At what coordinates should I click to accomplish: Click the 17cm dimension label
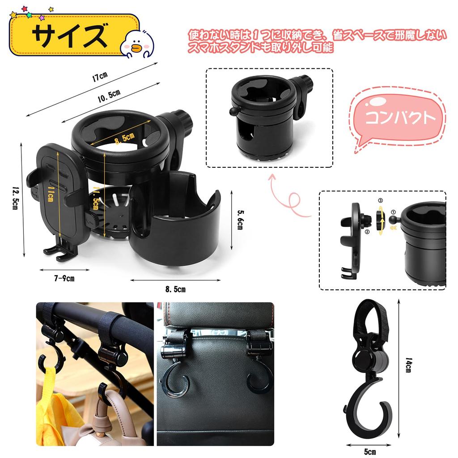pos(101,76)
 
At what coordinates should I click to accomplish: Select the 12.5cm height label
pos(15,199)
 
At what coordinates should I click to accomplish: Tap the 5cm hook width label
pos(369,451)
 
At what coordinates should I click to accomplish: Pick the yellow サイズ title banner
pos(74,35)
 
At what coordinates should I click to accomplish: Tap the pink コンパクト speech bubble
pos(399,118)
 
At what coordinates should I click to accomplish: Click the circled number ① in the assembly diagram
pos(394,213)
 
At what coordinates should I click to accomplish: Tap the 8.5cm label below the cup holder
pos(175,289)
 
